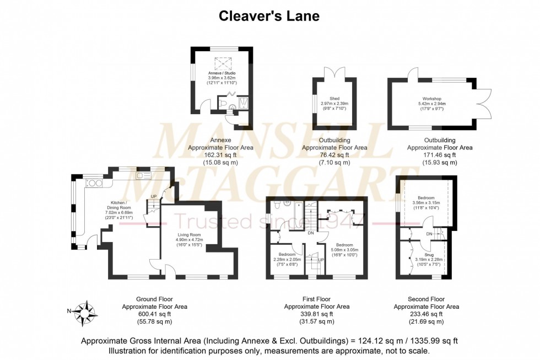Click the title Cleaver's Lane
click(x=269, y=16)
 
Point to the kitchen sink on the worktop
click(x=144, y=176)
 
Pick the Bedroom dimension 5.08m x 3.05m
click(x=344, y=249)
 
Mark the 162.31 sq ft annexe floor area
click(x=213, y=155)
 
